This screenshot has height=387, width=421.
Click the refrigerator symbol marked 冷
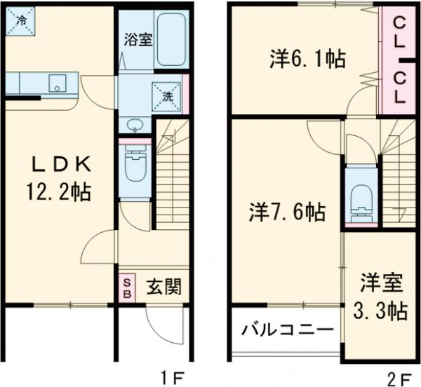coord(19,20)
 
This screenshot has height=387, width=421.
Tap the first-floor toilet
coord(134,166)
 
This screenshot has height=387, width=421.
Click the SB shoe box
coord(127,288)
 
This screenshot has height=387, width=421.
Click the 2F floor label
coord(403,379)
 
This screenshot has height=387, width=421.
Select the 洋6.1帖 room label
coord(307,59)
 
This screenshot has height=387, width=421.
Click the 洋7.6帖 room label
coord(287,210)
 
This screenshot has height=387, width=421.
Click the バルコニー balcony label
coord(288,329)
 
